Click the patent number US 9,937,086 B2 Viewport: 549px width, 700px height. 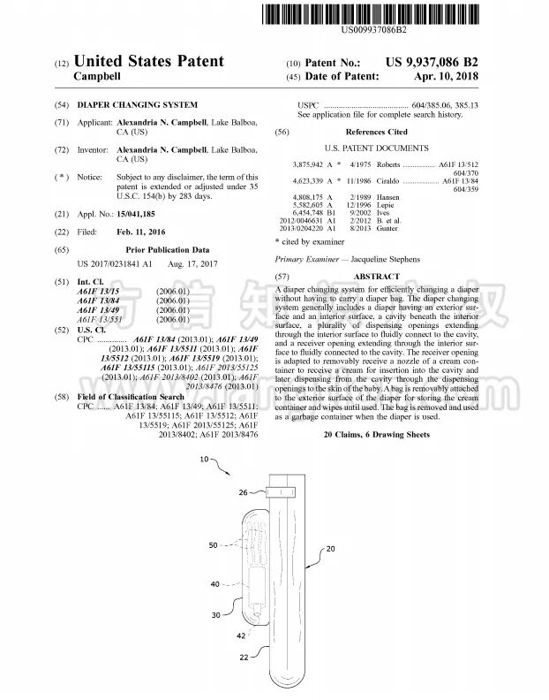(x=432, y=62)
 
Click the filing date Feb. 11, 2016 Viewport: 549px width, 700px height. (x=141, y=232)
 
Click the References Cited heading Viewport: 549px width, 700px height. (x=376, y=131)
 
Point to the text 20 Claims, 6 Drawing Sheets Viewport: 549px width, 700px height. (x=376, y=435)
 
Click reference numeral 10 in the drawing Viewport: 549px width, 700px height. (x=204, y=460)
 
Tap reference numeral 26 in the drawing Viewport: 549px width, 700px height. (x=244, y=492)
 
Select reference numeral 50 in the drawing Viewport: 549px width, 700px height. (x=213, y=545)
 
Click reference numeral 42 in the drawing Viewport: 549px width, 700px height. (x=241, y=635)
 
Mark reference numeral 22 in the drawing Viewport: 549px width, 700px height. (x=243, y=658)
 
